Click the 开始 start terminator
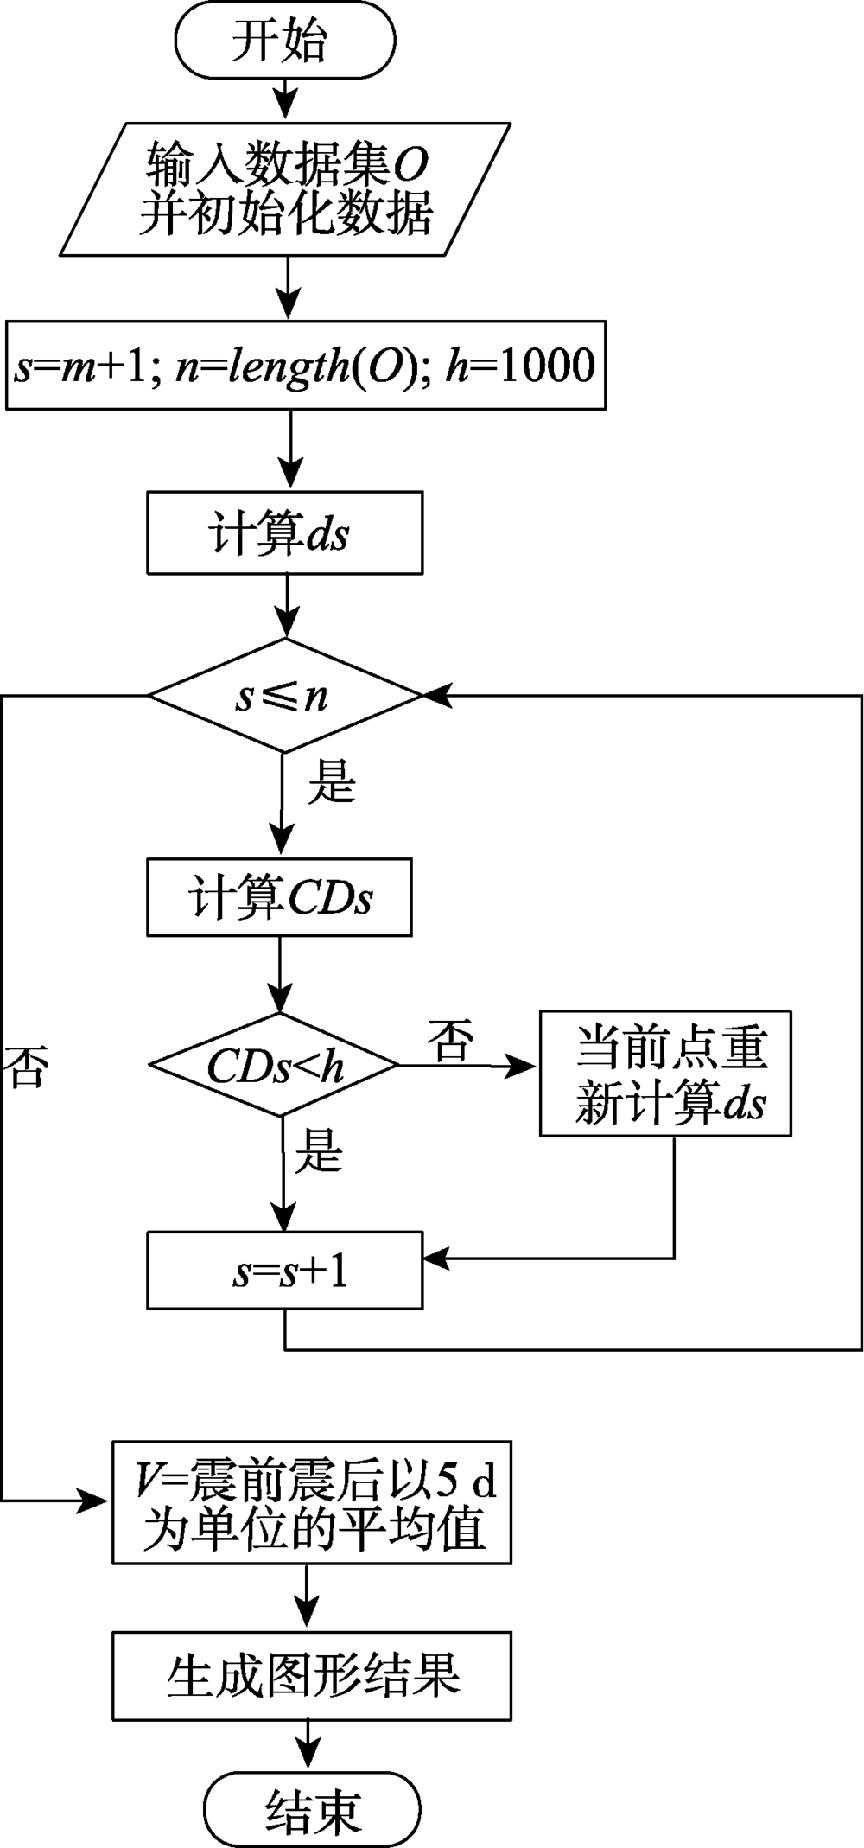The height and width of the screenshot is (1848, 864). point(283,41)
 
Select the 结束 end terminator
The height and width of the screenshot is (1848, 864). point(312,1810)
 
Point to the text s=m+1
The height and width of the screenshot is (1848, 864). point(82,366)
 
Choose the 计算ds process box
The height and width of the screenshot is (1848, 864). point(284,532)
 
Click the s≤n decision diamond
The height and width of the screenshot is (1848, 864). point(283,696)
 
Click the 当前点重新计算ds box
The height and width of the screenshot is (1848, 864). point(665,1073)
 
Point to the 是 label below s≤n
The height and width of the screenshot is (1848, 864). point(332,783)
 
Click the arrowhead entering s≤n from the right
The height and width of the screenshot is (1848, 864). point(435,695)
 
